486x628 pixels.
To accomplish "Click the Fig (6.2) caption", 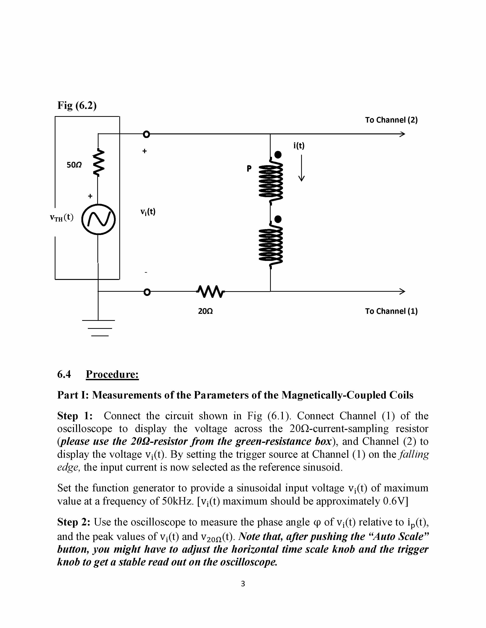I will tap(77, 106).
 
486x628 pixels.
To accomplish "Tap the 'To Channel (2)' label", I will tap(391, 120).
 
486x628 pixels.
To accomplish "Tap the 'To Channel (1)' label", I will tap(391, 311).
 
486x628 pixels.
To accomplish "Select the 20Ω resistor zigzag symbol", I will tap(210, 292).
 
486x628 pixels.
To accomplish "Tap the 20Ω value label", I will tap(206, 311).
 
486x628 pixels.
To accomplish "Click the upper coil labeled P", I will tap(271, 180).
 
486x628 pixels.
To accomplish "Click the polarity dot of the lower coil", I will tap(278, 219).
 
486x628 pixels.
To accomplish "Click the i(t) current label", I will tap(299, 146).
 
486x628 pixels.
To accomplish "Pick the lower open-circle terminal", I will tap(147, 292).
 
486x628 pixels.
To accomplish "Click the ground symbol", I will tap(99, 328).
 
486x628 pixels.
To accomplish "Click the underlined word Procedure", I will tap(112, 374).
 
